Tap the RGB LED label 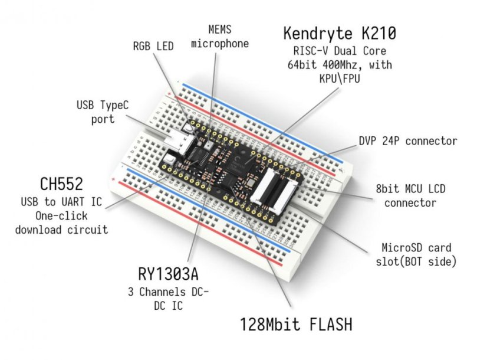click(153, 45)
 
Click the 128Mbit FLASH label click(295, 324)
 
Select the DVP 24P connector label click(407, 141)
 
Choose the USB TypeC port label click(101, 112)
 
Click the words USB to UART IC click(61, 202)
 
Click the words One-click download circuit click(61, 222)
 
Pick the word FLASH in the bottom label click(327, 324)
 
